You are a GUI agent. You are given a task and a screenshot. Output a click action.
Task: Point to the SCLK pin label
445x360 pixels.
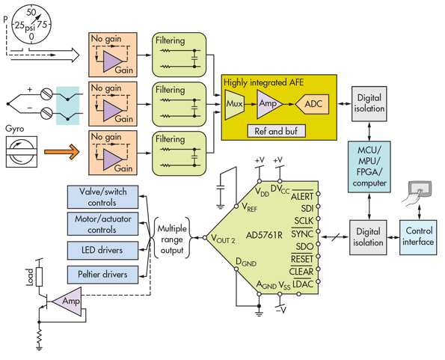(x=303, y=222)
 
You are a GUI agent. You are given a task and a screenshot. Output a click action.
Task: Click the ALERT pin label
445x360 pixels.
(x=301, y=195)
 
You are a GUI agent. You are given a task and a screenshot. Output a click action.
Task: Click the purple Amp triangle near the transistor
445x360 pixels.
(x=68, y=301)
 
